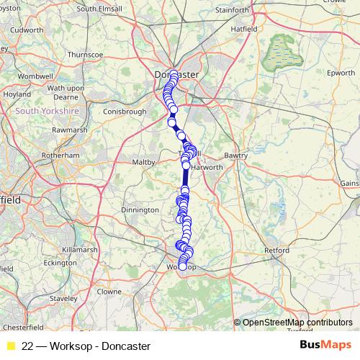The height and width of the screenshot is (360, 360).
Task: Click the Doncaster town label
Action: point(177,74)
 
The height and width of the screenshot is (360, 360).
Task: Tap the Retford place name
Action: point(277,250)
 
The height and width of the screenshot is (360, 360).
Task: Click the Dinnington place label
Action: point(140,210)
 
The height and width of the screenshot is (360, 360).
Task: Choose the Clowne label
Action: point(109,292)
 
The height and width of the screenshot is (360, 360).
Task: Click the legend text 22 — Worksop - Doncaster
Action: point(91,346)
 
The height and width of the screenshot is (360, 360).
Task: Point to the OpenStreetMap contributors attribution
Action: point(297,322)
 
